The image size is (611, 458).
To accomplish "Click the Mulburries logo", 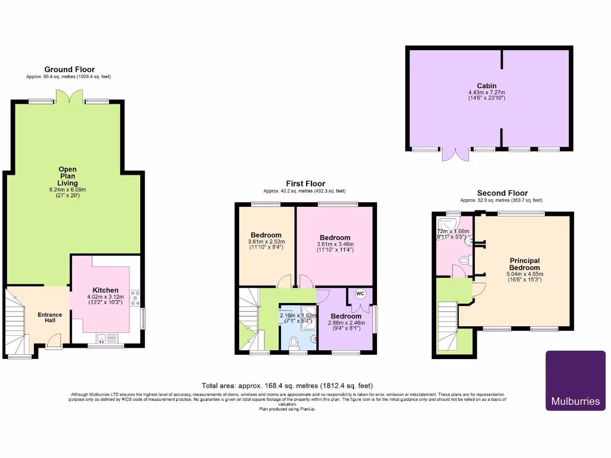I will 575,380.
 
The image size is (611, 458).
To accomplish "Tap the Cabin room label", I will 486,86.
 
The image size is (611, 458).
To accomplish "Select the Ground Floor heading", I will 69,70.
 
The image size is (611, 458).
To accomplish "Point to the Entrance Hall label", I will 50,318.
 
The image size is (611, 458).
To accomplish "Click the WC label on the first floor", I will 360,293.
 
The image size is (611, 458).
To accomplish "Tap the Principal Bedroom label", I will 524,264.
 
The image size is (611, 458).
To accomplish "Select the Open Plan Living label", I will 67,176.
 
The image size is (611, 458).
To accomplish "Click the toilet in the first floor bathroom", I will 293,342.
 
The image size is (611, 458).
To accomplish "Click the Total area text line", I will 288,386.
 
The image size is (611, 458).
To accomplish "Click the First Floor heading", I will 305,184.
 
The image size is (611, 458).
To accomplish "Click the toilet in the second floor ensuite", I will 467,260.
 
